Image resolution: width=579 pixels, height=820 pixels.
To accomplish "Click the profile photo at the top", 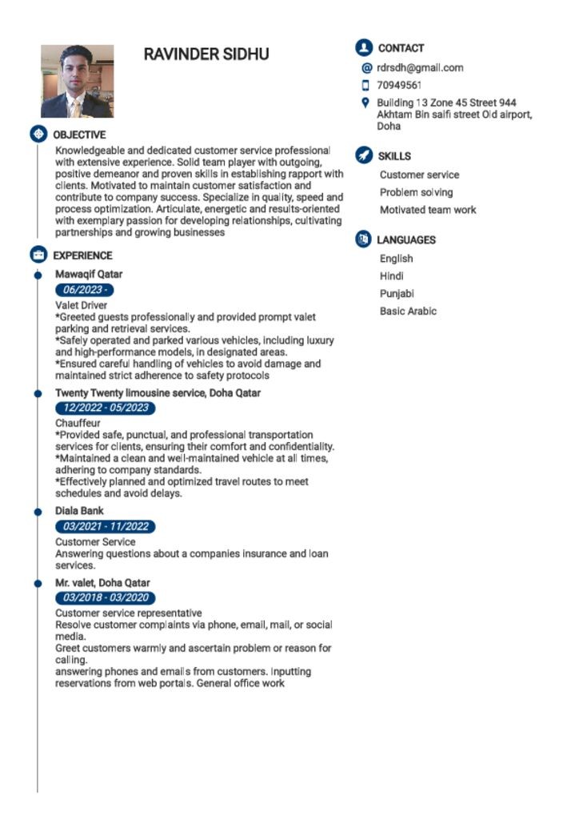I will (77, 81).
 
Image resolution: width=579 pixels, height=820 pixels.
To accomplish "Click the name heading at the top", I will (206, 54).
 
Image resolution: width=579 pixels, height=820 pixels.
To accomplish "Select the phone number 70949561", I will (399, 85).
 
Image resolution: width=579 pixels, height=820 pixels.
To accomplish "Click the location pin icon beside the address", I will (365, 102).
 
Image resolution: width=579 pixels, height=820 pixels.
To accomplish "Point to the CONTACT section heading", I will (401, 48).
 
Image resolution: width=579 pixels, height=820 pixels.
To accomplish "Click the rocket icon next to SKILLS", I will (364, 155).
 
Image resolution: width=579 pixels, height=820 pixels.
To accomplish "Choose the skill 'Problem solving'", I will (416, 192).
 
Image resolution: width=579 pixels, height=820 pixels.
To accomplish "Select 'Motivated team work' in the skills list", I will (428, 210).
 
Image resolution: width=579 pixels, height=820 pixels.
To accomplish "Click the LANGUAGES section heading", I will (406, 239).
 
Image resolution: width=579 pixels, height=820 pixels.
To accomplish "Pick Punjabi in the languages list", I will (397, 293).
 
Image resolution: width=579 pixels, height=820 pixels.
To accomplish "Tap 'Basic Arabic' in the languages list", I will (408, 311).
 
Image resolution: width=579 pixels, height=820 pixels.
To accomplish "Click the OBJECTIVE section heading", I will (79, 135).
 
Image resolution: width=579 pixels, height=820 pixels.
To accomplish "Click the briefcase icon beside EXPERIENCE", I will (38, 255).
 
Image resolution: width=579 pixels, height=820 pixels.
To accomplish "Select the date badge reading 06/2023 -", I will (83, 290).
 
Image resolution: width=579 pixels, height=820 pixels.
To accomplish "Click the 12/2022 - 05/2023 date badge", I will (106, 408).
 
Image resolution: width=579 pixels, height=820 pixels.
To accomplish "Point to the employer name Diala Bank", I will (79, 510).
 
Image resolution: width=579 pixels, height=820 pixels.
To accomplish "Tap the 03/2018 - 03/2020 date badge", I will (106, 597).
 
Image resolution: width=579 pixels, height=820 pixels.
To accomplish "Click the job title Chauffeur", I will (78, 422).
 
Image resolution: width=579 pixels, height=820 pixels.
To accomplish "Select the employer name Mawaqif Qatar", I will (89, 274).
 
